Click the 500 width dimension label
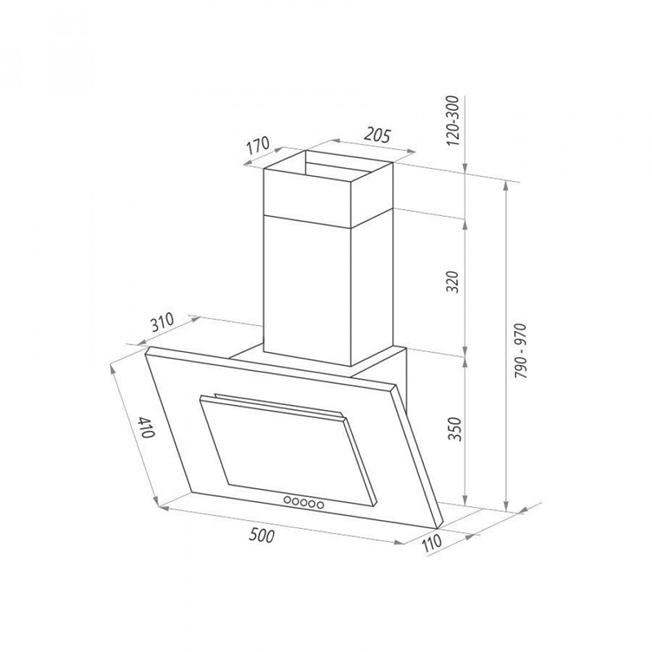[x=262, y=535]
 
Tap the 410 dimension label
[x=148, y=427]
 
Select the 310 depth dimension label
[x=161, y=323]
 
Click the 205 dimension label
[x=377, y=135]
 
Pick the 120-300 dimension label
[x=454, y=121]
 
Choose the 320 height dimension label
[x=454, y=282]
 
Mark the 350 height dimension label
[x=455, y=430]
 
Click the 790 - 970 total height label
[x=520, y=351]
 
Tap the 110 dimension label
[x=431, y=542]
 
